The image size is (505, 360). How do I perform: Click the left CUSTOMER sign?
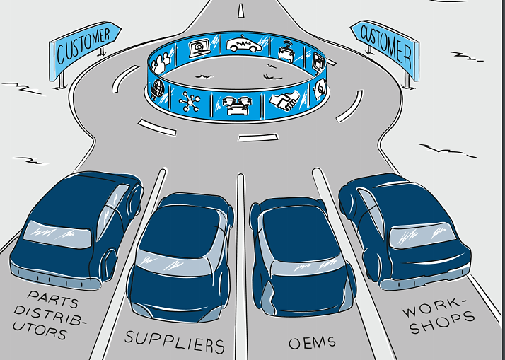pyautogui.click(x=85, y=47)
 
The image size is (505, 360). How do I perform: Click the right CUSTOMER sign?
pyautogui.click(x=385, y=47)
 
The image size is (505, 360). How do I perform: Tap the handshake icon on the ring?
pyautogui.click(x=284, y=100)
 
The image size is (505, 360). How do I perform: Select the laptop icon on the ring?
pyautogui.click(x=199, y=48)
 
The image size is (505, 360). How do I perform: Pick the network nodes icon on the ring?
pyautogui.click(x=190, y=101)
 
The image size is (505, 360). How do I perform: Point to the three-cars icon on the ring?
pyautogui.click(x=237, y=105)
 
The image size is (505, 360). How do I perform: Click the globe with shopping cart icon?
pyautogui.click(x=158, y=89)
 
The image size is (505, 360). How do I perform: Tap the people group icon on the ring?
pyautogui.click(x=161, y=64)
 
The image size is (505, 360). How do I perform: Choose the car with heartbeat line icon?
pyautogui.click(x=244, y=45)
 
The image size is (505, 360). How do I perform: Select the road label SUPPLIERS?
pyautogui.click(x=175, y=342)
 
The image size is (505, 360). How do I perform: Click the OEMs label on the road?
pyautogui.click(x=312, y=343)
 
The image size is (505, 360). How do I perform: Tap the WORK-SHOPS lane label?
pyautogui.click(x=438, y=315)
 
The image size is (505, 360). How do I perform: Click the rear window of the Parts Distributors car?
pyautogui.click(x=57, y=234)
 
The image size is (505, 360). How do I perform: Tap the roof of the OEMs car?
pyautogui.click(x=299, y=236)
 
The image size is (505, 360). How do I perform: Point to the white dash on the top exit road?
pyautogui.click(x=241, y=11)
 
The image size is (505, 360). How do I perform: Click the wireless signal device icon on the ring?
pyautogui.click(x=286, y=51)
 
